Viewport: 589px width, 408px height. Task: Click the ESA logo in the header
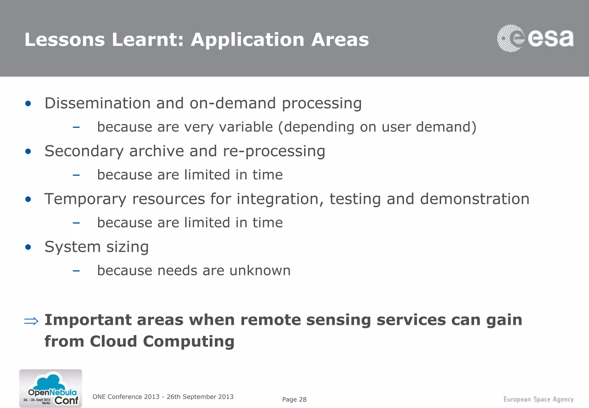click(535, 38)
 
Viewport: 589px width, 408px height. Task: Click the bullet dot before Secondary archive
click(28, 151)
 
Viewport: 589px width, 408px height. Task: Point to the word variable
click(246, 127)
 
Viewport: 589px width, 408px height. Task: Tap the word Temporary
click(85, 199)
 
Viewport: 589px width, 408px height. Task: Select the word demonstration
click(475, 199)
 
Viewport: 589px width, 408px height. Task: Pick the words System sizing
click(97, 247)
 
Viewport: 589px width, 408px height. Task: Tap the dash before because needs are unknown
click(76, 270)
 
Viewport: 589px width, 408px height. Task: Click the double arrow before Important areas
click(31, 321)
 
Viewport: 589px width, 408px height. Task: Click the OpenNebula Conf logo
click(51, 388)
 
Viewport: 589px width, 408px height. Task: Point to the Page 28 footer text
click(294, 399)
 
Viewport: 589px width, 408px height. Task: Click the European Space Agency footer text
click(538, 399)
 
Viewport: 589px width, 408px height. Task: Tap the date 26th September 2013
click(200, 397)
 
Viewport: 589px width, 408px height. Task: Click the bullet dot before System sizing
click(28, 247)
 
